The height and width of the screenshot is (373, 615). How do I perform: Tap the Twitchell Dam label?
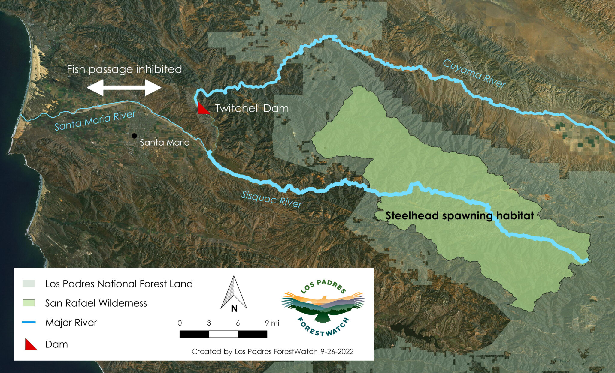(252, 108)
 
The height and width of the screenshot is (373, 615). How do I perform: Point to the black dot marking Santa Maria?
(134, 136)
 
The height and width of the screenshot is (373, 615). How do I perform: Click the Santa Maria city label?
(165, 142)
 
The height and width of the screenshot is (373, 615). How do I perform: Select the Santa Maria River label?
(95, 121)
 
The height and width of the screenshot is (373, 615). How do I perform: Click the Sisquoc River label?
(271, 200)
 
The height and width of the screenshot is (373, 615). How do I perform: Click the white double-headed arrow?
(124, 88)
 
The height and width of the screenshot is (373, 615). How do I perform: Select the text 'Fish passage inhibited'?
(124, 69)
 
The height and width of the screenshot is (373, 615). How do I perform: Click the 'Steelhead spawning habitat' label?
(459, 215)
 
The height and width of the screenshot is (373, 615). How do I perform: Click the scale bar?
(223, 334)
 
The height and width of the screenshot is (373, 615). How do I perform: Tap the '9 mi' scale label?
(272, 323)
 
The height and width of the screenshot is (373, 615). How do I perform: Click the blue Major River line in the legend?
(29, 323)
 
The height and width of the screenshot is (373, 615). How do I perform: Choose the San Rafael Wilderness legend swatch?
(29, 303)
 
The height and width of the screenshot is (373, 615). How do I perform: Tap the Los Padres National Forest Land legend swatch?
(29, 284)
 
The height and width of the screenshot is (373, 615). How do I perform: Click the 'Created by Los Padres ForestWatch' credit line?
(272, 351)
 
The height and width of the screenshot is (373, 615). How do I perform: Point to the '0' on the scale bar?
(180, 323)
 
